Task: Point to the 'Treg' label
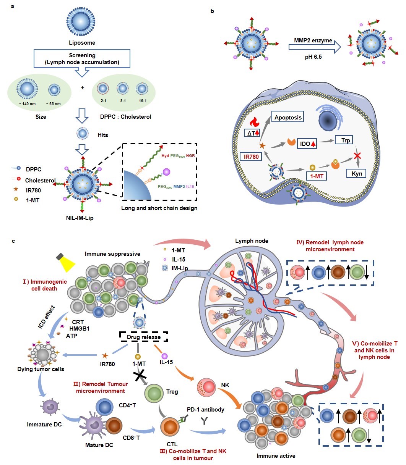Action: pyautogui.click(x=172, y=391)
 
